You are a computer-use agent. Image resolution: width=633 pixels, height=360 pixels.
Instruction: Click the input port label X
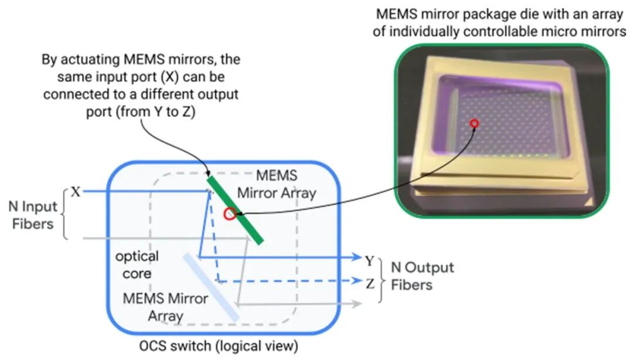pos(76,192)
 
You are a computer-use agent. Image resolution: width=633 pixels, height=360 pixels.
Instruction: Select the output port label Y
pos(369,261)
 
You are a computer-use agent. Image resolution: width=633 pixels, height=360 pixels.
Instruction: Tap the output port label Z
pos(370,284)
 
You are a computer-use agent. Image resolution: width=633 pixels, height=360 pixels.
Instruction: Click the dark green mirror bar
pos(236,210)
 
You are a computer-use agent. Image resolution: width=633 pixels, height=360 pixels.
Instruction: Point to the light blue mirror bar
pos(211,287)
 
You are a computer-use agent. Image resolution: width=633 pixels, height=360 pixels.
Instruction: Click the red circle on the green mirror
pos(230,214)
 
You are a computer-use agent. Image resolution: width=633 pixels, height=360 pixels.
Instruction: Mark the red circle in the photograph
pos(475,124)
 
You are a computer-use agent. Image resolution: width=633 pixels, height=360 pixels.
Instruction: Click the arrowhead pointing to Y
pos(357,257)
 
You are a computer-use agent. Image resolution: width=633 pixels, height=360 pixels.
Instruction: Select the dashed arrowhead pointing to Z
pos(357,280)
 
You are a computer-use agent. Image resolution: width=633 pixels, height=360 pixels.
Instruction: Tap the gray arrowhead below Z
pos(357,304)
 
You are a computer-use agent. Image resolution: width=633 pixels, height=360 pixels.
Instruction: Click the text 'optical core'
pos(137,264)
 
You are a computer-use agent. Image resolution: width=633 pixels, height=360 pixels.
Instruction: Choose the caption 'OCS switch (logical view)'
pos(219,347)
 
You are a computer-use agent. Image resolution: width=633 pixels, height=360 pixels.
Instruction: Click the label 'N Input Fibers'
pos(33,215)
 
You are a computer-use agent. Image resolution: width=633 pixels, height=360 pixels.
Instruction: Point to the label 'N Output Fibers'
pos(422,276)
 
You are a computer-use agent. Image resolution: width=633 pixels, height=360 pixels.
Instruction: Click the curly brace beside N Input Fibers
pos(65,214)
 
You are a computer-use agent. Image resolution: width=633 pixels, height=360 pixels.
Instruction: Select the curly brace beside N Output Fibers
pos(380,280)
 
